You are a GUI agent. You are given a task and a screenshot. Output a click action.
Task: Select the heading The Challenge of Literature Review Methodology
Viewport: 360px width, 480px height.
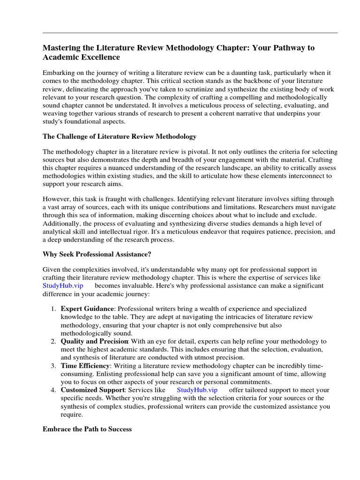pyautogui.click(x=120, y=136)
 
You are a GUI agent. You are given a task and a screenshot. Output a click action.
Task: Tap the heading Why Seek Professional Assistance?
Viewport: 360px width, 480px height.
pyautogui.click(x=97, y=254)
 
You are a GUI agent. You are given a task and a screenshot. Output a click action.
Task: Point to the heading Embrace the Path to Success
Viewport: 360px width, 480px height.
pyautogui.click(x=87, y=429)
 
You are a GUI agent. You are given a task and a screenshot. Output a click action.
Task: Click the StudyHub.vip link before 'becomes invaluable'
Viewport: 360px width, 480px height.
pyautogui.click(x=63, y=285)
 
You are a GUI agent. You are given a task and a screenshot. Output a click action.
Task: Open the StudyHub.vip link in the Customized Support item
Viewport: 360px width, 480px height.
pyautogui.click(x=197, y=390)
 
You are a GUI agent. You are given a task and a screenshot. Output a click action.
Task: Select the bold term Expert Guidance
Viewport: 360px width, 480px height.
pyautogui.click(x=87, y=309)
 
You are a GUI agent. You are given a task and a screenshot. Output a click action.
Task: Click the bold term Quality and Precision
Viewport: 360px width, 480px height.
pyautogui.click(x=94, y=341)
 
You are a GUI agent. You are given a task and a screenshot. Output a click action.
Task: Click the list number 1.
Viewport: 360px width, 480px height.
pyautogui.click(x=53, y=309)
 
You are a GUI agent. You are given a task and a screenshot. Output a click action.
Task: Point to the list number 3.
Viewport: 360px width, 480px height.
pyautogui.click(x=53, y=366)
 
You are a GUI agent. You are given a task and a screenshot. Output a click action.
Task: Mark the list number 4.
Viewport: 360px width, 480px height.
pyautogui.click(x=53, y=390)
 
